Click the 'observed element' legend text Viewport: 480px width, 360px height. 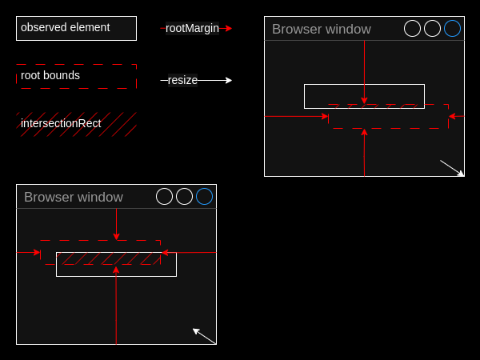[66, 27]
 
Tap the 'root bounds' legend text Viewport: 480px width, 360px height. [50, 75]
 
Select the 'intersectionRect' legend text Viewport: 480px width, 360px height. [61, 123]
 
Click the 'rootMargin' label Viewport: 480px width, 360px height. [192, 28]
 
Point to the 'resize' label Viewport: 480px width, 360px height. [182, 80]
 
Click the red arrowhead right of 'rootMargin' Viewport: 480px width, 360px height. [228, 28]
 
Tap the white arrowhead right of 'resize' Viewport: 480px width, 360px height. [228, 80]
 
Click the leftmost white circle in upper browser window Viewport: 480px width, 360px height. [412, 20]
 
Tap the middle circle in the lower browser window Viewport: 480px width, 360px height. [184, 188]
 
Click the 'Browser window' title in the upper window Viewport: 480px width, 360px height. [322, 30]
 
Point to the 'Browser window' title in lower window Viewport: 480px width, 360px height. [74, 197]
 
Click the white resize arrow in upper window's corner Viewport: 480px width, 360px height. [452, 168]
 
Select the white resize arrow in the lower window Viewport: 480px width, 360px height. [205, 336]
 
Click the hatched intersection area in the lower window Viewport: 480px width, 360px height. [108, 258]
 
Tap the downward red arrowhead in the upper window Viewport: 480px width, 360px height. [364, 101]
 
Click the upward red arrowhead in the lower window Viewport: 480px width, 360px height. [116, 270]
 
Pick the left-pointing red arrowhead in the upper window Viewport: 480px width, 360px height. [452, 116]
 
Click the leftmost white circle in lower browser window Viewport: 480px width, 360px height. [164, 188]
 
